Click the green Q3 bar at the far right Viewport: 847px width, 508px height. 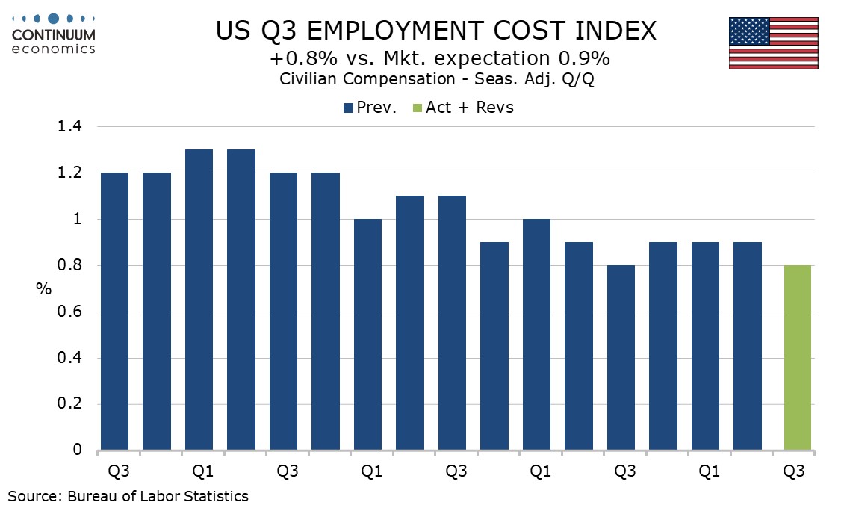(x=798, y=358)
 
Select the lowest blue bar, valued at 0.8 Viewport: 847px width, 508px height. (x=621, y=358)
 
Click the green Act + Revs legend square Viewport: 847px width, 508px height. (x=417, y=108)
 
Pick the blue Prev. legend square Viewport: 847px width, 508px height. (x=348, y=108)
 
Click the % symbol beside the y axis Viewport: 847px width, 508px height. (x=43, y=288)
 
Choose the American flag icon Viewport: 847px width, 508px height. (x=773, y=43)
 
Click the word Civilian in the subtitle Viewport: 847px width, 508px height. (x=309, y=79)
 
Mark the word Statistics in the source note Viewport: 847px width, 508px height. (x=217, y=495)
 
